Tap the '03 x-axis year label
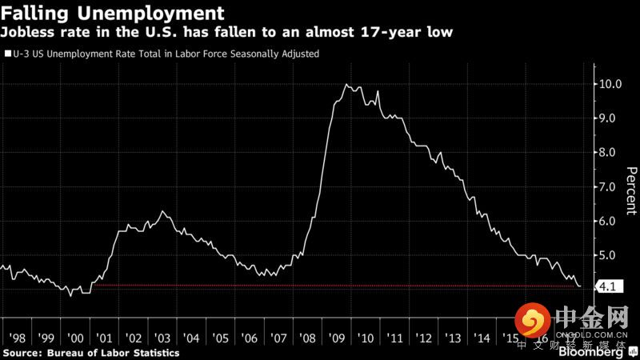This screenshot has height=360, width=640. coord(162,337)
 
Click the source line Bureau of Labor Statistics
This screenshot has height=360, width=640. coord(90,352)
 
